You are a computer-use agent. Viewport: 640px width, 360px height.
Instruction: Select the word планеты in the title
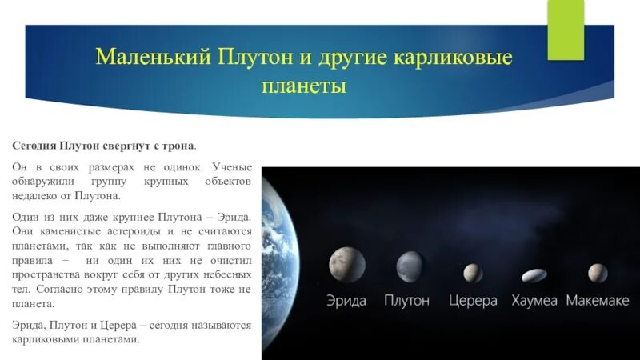(304, 86)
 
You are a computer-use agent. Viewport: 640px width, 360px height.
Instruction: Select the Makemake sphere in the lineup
(596, 272)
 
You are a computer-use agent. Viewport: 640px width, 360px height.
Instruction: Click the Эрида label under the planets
(346, 301)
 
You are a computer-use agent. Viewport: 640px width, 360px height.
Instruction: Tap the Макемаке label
(597, 301)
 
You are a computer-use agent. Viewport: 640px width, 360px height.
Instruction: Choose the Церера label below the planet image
(472, 301)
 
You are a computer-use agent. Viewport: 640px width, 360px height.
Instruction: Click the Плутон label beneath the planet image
(406, 301)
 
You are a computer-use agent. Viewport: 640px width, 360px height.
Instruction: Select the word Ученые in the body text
(233, 167)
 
